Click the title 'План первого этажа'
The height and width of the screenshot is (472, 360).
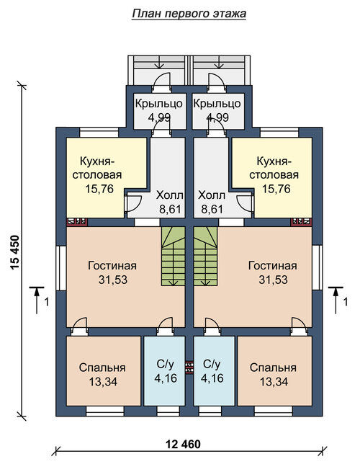tap(189, 14)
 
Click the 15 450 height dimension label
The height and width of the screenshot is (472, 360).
tap(14, 252)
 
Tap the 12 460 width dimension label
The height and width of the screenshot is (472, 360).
tap(183, 444)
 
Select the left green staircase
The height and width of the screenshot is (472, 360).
tap(173, 256)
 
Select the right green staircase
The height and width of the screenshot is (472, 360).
tap(205, 256)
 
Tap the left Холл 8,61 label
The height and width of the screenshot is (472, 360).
tap(170, 202)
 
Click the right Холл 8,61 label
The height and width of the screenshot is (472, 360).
tap(212, 202)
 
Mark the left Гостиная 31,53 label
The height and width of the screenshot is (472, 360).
tap(112, 272)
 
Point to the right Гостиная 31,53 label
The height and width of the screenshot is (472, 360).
tap(273, 272)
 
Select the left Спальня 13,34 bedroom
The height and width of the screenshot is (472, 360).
tap(104, 371)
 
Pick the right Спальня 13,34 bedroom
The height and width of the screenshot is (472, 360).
tap(275, 371)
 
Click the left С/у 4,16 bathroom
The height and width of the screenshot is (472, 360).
tap(164, 371)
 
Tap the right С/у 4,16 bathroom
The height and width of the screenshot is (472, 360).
tap(214, 371)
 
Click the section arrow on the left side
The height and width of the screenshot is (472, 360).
tap(37, 300)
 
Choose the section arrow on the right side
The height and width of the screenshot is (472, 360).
tap(336, 300)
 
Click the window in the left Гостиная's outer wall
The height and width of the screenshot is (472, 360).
tap(61, 268)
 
